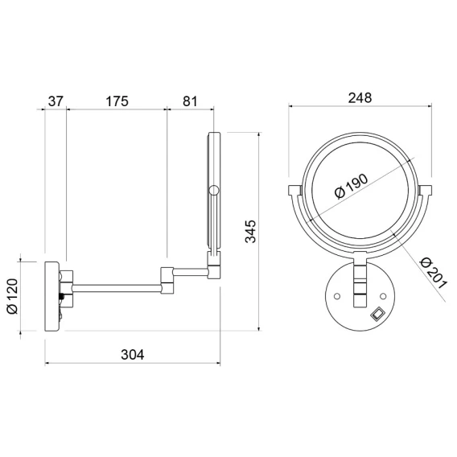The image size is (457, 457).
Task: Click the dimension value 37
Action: tap(56, 101)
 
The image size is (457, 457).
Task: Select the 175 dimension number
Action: tap(117, 101)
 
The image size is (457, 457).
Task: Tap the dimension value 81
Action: tap(190, 101)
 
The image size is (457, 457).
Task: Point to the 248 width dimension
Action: tap(360, 98)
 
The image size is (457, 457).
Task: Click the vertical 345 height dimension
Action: tap(250, 232)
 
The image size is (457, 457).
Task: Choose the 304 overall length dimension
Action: tap(133, 355)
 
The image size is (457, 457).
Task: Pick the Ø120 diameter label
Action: tap(13, 296)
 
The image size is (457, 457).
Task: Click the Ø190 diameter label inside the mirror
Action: tap(352, 187)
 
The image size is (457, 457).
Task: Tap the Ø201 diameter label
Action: tap(434, 273)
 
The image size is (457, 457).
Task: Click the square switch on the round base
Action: tap(377, 314)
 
